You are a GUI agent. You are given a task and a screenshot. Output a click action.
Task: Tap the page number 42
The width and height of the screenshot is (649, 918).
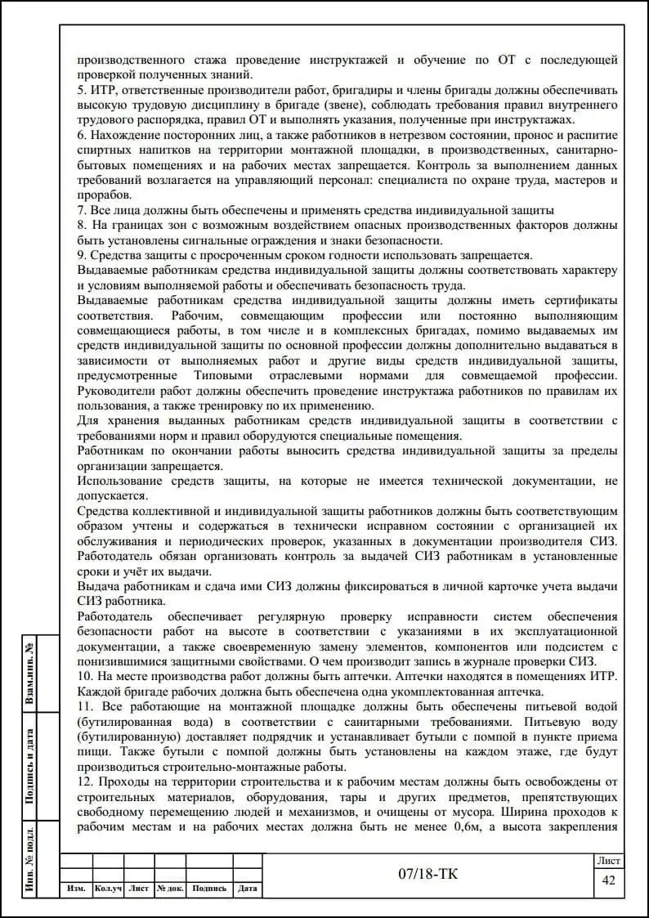(608, 880)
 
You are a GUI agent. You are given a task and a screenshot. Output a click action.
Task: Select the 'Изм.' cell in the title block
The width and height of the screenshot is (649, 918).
(76, 889)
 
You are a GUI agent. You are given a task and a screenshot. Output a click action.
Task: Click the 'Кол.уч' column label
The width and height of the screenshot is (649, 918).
(108, 889)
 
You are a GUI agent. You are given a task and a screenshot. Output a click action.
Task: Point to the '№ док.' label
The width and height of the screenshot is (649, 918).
(170, 889)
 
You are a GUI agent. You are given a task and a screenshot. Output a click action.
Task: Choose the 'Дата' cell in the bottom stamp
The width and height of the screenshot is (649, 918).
(248, 889)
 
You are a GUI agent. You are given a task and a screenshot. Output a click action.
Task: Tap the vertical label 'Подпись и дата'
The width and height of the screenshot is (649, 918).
(30, 767)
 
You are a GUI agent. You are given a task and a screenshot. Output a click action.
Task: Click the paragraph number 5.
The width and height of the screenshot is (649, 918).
(81, 90)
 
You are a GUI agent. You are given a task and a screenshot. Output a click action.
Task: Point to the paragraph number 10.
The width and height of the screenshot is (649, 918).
(84, 676)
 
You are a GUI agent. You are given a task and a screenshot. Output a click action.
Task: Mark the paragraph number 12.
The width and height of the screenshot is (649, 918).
(84, 781)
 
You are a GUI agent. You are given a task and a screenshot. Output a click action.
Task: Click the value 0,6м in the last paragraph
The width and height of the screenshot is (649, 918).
(481, 826)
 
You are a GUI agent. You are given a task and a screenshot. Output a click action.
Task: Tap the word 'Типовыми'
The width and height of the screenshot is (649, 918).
(225, 374)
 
